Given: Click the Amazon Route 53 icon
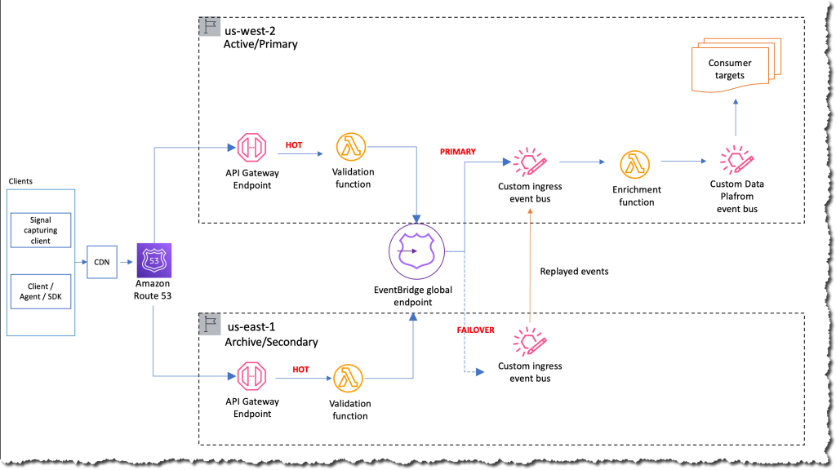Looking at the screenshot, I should click(153, 259).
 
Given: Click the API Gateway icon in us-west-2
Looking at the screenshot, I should click(252, 149).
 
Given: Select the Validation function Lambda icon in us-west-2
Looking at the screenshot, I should click(351, 148).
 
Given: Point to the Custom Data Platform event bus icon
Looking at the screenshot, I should click(736, 160).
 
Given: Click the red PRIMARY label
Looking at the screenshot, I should click(457, 152).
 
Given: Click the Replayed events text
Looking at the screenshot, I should click(574, 272).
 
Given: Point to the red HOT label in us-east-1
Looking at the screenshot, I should click(301, 370).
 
